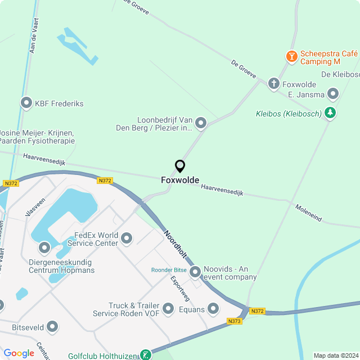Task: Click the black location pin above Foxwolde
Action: point(180,166)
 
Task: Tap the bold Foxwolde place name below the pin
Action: point(180,180)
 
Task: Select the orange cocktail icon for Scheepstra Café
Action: point(291,56)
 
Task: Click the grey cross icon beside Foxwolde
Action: point(273,84)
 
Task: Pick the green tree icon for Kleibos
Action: point(330,114)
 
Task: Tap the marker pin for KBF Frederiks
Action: point(26,103)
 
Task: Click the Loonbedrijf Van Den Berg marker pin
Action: point(200,123)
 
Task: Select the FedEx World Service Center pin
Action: point(127,238)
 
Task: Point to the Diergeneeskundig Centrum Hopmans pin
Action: point(44,247)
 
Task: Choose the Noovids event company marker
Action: point(195,272)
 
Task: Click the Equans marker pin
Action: point(213,308)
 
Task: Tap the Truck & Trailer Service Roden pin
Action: point(168,309)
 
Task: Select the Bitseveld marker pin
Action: point(53,326)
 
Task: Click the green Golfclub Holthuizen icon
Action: point(146,354)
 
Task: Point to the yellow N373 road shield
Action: point(235,321)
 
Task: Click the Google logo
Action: point(19,353)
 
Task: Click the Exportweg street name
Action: point(181,287)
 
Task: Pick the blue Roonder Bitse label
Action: point(169,270)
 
